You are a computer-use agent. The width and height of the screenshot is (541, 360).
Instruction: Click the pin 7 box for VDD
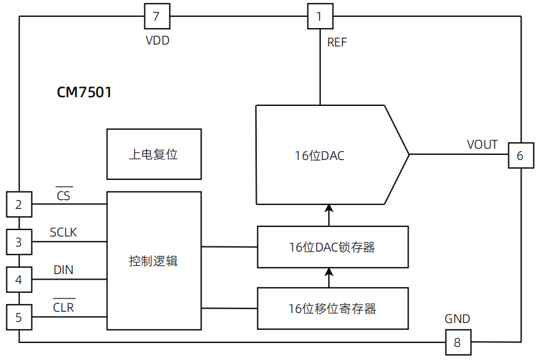point(157,16)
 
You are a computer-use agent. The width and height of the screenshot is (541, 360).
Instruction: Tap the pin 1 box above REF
point(319,16)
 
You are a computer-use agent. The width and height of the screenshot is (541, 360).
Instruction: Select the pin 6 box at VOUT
point(520,156)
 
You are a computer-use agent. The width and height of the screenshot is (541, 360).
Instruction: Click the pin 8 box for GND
point(458,342)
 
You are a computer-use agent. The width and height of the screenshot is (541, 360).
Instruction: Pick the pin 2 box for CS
point(19,204)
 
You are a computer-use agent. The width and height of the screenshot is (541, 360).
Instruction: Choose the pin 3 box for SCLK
point(19,241)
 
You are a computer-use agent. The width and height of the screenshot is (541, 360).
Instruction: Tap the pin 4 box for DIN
point(19,280)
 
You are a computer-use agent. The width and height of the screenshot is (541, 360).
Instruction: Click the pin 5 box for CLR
point(19,317)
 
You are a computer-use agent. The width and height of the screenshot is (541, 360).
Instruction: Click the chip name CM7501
point(84,93)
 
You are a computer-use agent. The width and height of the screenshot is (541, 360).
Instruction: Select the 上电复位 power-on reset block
point(154,154)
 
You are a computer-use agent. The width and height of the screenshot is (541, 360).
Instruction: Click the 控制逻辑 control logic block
point(154,261)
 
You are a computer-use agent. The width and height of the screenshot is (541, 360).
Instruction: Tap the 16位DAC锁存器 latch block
point(332,247)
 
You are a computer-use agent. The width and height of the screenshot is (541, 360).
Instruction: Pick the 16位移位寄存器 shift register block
point(332,309)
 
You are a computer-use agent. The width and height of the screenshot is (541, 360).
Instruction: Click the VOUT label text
point(482,145)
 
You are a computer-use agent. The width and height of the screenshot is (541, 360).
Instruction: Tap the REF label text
point(336,43)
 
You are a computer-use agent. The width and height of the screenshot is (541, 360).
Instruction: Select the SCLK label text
point(63,233)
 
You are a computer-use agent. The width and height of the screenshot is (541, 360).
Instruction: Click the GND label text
point(457,319)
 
